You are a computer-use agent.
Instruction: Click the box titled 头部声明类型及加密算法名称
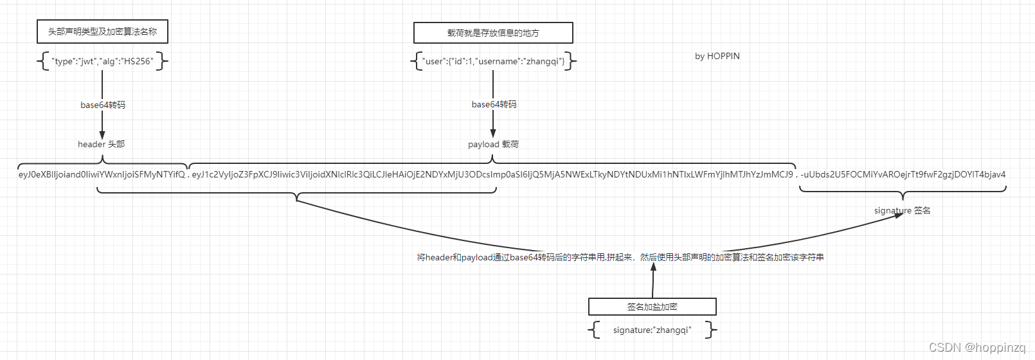(x=102, y=32)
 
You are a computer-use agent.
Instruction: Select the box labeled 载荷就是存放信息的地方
(x=493, y=33)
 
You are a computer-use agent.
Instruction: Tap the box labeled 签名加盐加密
(x=652, y=307)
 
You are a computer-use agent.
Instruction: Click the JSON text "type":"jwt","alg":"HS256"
(x=102, y=62)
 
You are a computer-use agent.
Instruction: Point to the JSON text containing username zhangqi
(x=494, y=62)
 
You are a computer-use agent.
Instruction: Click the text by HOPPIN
(x=717, y=56)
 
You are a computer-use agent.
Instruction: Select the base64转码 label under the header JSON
(x=103, y=105)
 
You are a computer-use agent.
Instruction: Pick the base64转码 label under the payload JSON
(x=494, y=104)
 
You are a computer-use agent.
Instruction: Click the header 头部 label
(x=102, y=144)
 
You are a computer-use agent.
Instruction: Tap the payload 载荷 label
(x=493, y=144)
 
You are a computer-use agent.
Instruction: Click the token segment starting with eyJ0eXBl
(x=102, y=174)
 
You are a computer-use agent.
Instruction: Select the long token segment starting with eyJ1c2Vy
(x=492, y=174)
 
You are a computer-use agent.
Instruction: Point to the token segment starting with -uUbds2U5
(x=903, y=174)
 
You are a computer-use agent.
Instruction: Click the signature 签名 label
(x=902, y=210)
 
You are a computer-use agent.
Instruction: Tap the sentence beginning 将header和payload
(x=620, y=257)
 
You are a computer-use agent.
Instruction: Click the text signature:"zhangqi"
(x=652, y=330)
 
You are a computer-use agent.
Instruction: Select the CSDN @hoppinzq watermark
(x=977, y=348)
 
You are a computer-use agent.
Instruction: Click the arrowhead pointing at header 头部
(x=102, y=135)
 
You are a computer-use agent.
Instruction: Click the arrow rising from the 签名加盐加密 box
(x=653, y=280)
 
